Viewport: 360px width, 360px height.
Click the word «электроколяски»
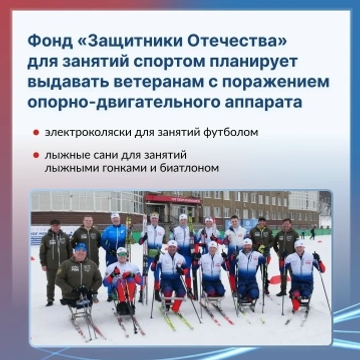[x=85, y=133]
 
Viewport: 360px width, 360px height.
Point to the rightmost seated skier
[x=300, y=275]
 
